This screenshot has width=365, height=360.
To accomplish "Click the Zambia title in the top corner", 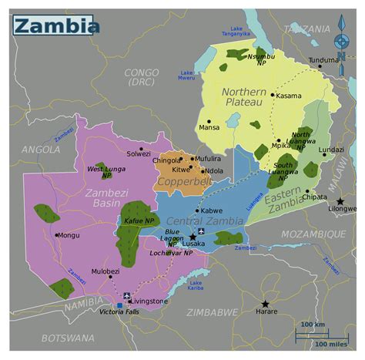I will (56, 26).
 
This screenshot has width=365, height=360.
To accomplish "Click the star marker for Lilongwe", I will (340, 201).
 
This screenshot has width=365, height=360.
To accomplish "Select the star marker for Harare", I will (265, 304).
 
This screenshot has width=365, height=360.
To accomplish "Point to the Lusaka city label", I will (193, 244).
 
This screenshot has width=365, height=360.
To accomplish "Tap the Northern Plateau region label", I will (243, 97).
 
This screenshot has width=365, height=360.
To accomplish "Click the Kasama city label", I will (289, 96).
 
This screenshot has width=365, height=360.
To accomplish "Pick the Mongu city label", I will (69, 235).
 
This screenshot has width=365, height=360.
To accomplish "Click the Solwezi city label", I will (139, 153).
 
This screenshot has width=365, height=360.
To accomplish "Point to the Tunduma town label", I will (323, 59).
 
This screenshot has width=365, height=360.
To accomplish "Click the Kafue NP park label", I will (139, 221).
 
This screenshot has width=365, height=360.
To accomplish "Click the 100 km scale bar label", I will (312, 324).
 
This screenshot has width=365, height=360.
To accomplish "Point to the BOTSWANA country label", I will (69, 338).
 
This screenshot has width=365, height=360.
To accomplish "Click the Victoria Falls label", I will (120, 311).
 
